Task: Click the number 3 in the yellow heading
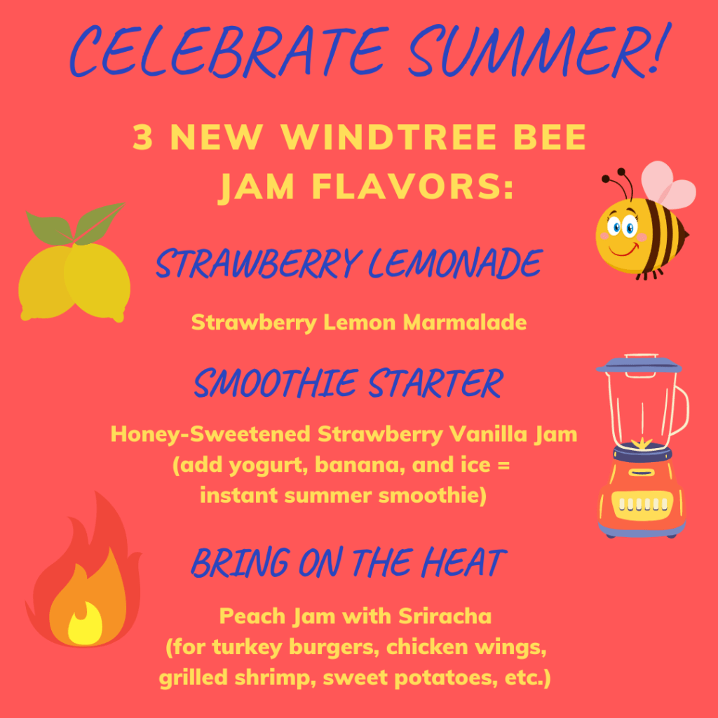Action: click(142, 137)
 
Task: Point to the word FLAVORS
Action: click(412, 187)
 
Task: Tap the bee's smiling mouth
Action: click(624, 250)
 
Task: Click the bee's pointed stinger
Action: click(686, 236)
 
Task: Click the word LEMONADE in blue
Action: click(455, 264)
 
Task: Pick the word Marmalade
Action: click(465, 323)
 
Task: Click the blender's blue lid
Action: click(639, 365)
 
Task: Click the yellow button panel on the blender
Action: click(642, 503)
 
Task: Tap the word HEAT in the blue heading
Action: click(463, 563)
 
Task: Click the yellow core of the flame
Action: click(85, 624)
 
